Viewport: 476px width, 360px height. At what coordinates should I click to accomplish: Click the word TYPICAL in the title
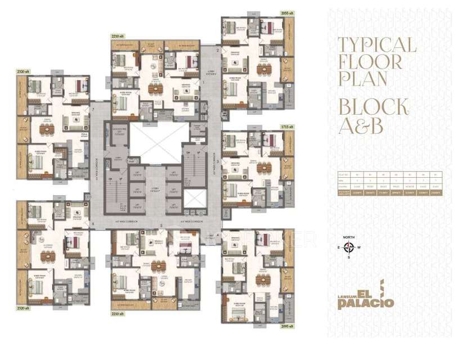[376, 46]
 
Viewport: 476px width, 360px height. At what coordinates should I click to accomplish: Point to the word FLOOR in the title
[370, 62]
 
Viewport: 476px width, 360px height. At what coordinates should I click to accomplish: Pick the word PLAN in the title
[362, 78]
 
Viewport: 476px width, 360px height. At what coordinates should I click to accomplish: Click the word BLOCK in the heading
[372, 106]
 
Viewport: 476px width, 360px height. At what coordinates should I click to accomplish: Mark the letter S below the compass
[349, 256]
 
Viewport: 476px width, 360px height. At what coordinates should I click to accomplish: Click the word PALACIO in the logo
[366, 303]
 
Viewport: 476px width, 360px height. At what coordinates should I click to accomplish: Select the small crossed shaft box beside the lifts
[194, 199]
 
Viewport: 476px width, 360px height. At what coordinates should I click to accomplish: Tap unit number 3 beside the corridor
[217, 161]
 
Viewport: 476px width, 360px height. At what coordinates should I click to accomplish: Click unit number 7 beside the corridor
[92, 109]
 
